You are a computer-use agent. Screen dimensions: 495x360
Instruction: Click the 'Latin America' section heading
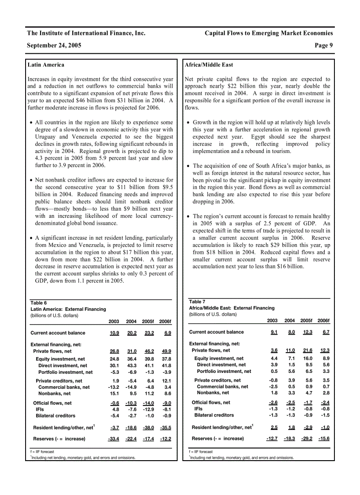pos(45,65)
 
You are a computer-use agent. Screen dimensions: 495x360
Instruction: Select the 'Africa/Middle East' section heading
pos(209,65)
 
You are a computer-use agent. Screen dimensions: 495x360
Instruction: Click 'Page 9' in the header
pos(324,45)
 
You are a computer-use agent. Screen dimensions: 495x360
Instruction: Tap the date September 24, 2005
pos(54,45)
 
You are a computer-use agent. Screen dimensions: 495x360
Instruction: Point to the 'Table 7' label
pos(197,302)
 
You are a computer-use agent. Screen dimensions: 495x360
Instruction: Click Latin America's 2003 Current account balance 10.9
pos(114,333)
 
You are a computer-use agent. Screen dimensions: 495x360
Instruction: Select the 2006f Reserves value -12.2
pos(165,439)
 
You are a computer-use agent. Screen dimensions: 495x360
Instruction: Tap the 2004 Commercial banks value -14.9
pos(131,387)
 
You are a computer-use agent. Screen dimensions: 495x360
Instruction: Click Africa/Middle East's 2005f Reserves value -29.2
pos(307,439)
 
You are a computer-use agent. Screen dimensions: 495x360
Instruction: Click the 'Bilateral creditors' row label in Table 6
pos(56,416)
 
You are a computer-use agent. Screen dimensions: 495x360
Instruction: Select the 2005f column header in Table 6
pos(148,321)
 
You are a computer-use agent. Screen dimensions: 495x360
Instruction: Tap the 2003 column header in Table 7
pos(272,320)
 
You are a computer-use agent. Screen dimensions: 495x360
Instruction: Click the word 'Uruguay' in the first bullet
pos(45,137)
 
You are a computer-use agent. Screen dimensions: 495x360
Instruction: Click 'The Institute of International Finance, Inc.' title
pos(86,33)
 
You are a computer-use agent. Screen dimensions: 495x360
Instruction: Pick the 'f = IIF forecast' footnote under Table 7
pos(201,452)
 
